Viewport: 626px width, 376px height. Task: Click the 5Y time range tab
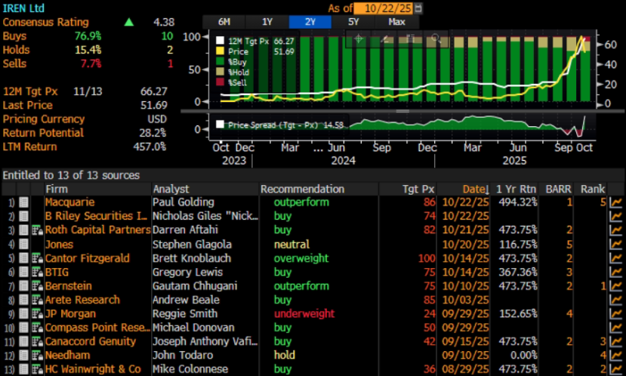353,22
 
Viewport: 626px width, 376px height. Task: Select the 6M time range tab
224,22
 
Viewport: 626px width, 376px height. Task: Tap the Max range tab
397,22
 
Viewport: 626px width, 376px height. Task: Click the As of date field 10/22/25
388,8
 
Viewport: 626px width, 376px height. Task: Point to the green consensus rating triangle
129,22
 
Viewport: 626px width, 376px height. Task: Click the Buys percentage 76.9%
88,36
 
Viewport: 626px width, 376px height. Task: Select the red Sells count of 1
171,63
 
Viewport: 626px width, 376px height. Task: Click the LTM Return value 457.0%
150,146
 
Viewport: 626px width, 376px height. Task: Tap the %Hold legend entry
233,72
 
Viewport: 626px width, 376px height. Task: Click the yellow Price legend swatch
220,51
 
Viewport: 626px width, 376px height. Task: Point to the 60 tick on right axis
610,45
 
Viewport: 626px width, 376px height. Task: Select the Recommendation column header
302,189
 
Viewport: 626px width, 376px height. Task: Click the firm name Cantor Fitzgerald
87,258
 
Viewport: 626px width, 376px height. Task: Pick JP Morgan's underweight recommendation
304,314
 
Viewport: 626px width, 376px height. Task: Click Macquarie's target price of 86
430,202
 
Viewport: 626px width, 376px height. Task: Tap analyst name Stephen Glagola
192,245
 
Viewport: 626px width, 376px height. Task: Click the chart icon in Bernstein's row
615,286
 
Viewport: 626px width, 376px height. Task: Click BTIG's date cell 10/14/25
465,273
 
